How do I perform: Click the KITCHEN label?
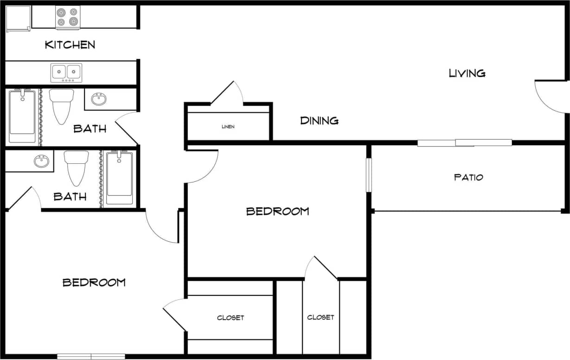tap(70, 45)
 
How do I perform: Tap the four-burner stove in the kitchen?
tap(68, 18)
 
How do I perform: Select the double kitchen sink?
tap(66, 72)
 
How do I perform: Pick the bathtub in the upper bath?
tap(22, 116)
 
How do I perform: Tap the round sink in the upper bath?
tap(98, 99)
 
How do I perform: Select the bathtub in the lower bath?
tap(119, 178)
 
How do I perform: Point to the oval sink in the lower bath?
tap(41, 161)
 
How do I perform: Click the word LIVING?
tap(467, 73)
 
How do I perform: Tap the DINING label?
tap(319, 121)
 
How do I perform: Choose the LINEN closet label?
tap(228, 127)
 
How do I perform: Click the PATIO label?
tap(468, 177)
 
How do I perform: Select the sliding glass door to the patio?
tap(464, 143)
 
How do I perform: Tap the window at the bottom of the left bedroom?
tap(91, 356)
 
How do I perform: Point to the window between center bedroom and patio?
tap(369, 175)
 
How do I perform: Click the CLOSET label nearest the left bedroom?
tap(231, 318)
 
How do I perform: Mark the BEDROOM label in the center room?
tap(277, 212)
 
